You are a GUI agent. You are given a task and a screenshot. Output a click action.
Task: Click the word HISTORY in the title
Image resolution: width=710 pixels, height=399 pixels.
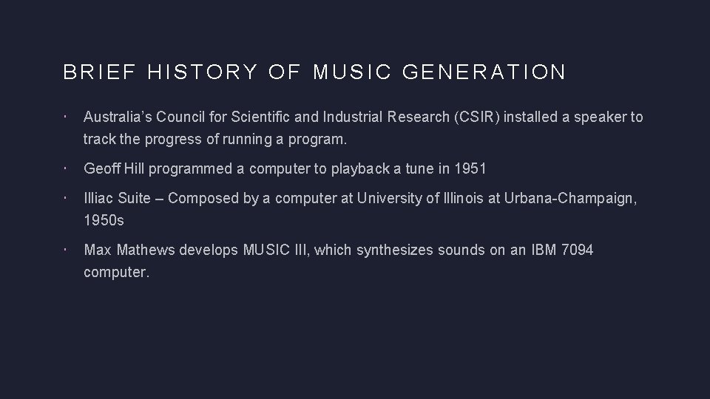tap(202, 72)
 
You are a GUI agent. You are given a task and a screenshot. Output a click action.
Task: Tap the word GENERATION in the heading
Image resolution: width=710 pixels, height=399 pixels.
tap(485, 72)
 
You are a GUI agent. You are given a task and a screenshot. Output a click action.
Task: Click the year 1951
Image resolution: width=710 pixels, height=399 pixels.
tap(470, 168)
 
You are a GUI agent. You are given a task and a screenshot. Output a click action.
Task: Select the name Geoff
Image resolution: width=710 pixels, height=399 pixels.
tap(102, 168)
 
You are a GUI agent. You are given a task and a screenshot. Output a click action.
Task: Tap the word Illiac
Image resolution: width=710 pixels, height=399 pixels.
tap(98, 198)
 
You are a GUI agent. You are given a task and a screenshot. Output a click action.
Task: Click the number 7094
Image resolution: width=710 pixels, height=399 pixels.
tap(577, 250)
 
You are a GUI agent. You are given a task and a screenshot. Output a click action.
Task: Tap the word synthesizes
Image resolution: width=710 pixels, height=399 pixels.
tap(394, 250)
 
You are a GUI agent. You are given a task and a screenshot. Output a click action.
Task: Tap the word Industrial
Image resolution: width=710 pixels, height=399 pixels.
tap(354, 117)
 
